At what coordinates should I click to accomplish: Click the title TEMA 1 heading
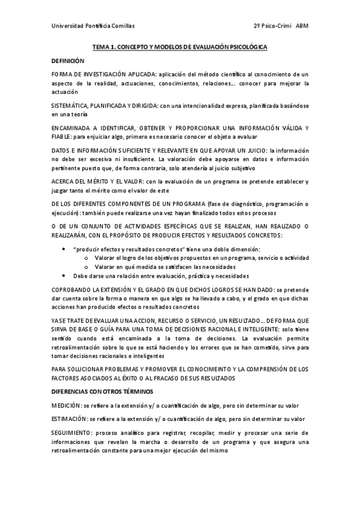pyautogui.click(x=180, y=46)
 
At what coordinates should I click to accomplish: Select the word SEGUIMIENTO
pyautogui.click(x=73, y=433)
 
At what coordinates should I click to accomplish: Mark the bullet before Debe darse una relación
pyautogui.click(x=65, y=275)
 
